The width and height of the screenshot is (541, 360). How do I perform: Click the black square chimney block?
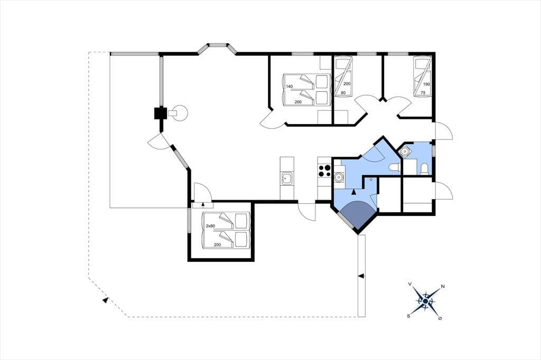tap(160, 113)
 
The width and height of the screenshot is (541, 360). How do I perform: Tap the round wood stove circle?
tap(181, 112)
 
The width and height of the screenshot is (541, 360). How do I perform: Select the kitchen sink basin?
tap(287, 179)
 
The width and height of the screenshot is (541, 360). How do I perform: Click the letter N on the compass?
tap(443, 287)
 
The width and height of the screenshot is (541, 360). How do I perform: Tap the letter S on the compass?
tap(408, 316)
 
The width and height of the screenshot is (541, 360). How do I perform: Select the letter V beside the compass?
tap(410, 284)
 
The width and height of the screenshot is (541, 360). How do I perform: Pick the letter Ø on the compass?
tap(440, 318)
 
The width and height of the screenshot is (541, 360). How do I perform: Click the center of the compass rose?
tap(425, 301)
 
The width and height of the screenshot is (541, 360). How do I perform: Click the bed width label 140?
tap(289, 86)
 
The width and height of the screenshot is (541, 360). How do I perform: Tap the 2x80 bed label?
tap(210, 226)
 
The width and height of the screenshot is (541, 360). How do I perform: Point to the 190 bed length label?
tap(426, 84)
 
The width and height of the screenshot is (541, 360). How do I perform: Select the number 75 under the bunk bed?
tap(423, 93)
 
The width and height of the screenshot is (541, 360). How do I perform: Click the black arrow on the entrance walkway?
tap(361, 276)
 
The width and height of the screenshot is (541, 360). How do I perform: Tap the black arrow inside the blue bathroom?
tap(355, 193)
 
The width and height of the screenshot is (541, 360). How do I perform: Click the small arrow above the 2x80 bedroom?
tap(203, 205)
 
